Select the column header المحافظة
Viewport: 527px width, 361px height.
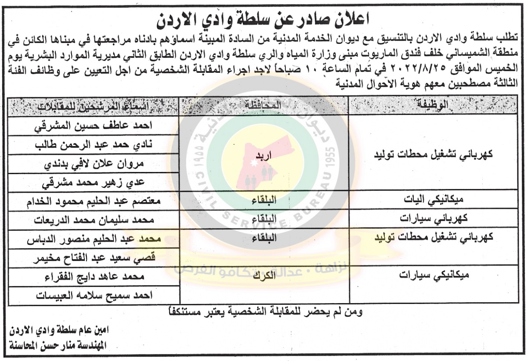[263, 105]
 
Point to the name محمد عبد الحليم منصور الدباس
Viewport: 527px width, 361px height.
[92, 239]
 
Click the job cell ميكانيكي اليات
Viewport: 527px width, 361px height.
[435, 201]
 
